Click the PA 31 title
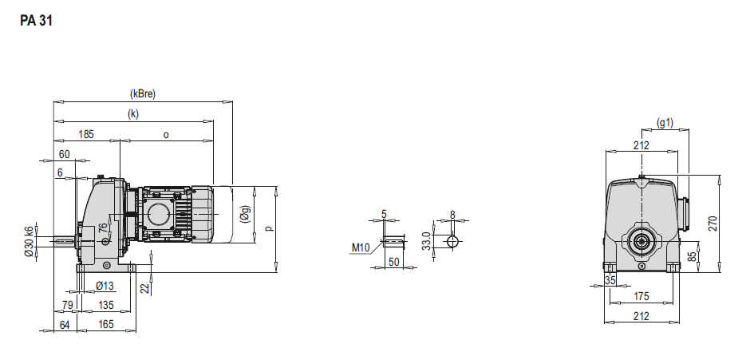coord(36,21)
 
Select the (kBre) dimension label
coord(143,94)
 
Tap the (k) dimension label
coord(133,114)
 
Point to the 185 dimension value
coord(86,134)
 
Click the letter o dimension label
coord(166,135)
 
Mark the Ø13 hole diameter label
coord(105,286)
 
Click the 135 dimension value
coord(106,305)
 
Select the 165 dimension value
coord(106,324)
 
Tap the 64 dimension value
coord(65,325)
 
